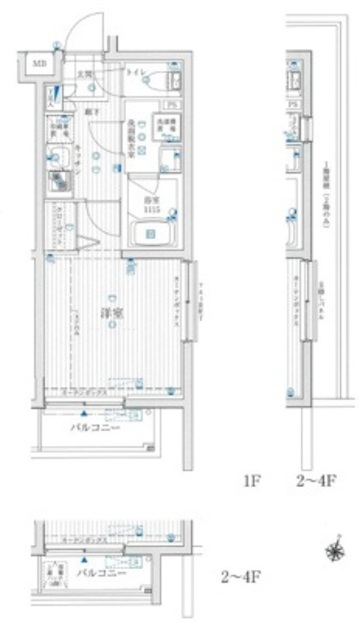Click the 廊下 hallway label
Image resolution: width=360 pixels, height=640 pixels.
pyautogui.click(x=90, y=112)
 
